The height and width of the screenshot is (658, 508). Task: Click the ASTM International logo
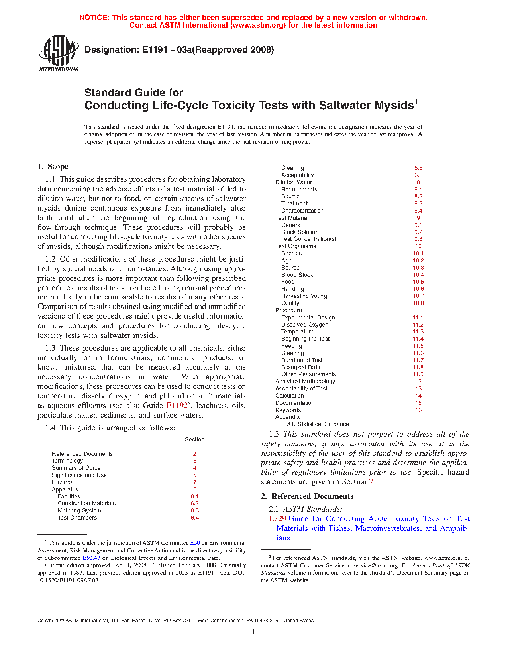pos(59,53)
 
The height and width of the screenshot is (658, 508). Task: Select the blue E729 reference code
pos(277,519)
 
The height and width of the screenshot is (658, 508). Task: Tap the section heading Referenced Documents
pos(312,496)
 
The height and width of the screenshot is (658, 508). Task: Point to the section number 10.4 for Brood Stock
pos(418,275)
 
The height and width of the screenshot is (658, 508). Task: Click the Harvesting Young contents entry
pos(304,296)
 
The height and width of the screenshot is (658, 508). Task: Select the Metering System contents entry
pos(79,510)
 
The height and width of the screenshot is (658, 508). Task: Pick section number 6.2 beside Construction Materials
pos(195,503)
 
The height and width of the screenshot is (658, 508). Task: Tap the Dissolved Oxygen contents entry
pos(305,325)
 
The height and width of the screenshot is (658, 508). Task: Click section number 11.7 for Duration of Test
pos(418,360)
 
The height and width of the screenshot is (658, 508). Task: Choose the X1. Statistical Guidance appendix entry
pos(318,424)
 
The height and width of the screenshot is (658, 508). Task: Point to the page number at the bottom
pos(253,632)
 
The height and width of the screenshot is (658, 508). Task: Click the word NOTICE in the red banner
pos(94,18)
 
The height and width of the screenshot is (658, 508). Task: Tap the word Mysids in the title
pos(394,106)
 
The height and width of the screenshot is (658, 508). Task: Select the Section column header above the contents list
pos(194,439)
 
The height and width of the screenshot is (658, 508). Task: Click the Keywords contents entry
pos(288,410)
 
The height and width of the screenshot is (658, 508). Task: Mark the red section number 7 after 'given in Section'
pos(371,482)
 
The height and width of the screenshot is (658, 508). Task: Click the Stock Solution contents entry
pos(300,232)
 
